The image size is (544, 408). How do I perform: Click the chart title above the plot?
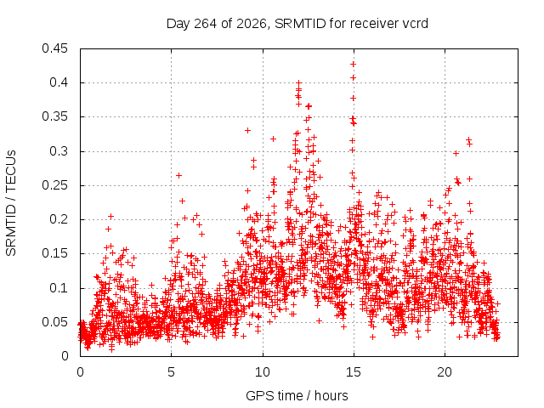pos(297,24)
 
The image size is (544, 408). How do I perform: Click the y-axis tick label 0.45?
pos(54,48)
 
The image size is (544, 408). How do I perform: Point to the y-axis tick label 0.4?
pos(59,82)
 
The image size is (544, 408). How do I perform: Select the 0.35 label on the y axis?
pos(54,116)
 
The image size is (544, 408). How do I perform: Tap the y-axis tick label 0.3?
pos(59,151)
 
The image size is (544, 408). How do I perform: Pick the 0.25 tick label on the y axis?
pos(54,185)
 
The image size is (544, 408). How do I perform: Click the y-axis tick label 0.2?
pos(59,219)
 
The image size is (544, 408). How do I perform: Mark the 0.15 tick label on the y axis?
pos(54,253)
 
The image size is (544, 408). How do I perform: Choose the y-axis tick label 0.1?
pos(59,288)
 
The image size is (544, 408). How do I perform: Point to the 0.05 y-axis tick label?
pos(54,322)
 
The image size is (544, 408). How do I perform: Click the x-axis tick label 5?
pos(171,372)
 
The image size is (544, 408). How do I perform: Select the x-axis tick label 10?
pos(263,372)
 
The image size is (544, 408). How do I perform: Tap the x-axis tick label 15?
pos(354,372)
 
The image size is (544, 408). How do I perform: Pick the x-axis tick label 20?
pos(445,372)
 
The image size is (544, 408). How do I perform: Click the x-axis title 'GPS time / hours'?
pos(297,395)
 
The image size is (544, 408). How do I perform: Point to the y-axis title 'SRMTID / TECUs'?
pos(11,203)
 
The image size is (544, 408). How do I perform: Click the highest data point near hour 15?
pos(354,65)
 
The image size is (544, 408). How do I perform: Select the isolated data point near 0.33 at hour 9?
pos(247,130)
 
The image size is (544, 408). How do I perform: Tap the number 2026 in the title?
pos(252,24)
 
